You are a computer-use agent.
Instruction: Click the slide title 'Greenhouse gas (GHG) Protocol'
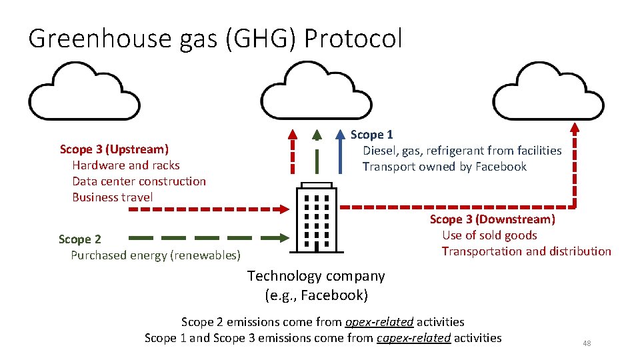215,39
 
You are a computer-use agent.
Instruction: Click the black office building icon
316,217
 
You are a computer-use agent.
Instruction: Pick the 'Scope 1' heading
372,135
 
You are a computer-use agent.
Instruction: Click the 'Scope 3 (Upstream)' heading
114,149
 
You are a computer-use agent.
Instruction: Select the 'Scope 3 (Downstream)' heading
492,219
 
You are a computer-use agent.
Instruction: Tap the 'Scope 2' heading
80,239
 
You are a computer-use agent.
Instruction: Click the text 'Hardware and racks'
126,165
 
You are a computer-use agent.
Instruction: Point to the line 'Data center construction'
139,181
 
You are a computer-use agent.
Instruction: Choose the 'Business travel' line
112,197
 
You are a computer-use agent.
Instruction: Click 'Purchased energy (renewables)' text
155,255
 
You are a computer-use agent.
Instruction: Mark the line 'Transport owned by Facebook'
445,167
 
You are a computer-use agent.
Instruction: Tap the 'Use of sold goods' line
489,235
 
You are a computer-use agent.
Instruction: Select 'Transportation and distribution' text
526,251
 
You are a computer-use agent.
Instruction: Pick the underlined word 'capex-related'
413,338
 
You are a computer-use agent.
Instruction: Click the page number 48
587,343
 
